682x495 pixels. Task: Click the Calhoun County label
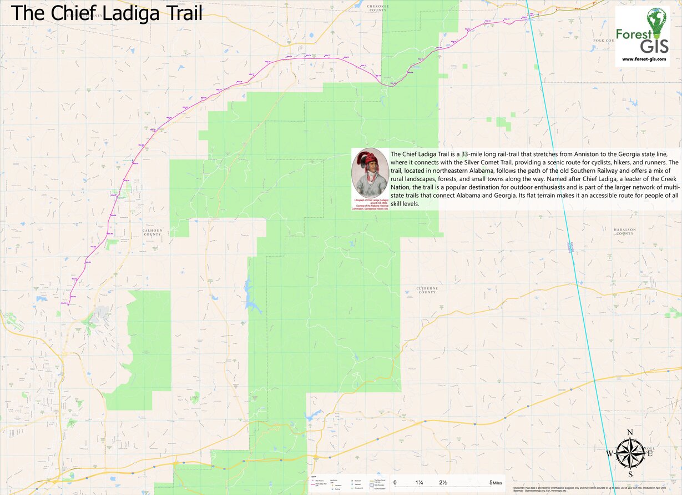pos(152,232)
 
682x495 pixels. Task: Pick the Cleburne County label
pos(427,291)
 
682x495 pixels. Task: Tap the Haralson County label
pos(624,232)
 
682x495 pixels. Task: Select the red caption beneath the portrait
pos(370,203)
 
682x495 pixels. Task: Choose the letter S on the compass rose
pos(630,474)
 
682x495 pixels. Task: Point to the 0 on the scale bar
pos(395,482)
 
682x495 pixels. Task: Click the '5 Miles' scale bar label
pos(496,482)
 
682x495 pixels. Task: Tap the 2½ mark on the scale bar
pos(443,482)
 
